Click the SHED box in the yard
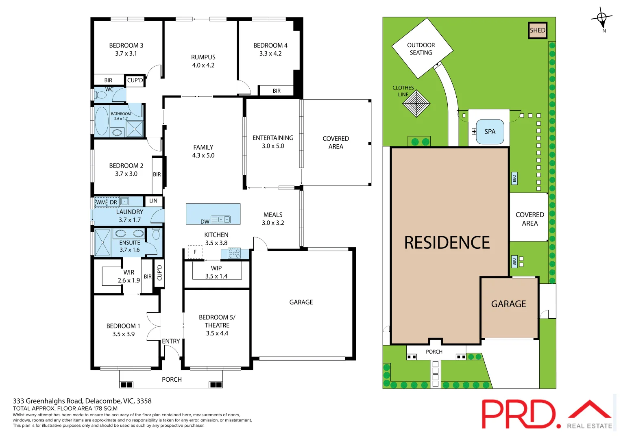(537, 30)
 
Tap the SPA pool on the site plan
(490, 132)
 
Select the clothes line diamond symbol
(416, 103)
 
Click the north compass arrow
(602, 18)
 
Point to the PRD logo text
(518, 414)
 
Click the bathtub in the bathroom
(102, 121)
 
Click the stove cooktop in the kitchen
(234, 254)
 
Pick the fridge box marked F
(195, 252)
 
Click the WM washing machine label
(100, 202)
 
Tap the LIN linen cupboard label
(153, 201)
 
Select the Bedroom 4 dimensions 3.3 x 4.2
(270, 53)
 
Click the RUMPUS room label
(203, 57)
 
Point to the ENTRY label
(171, 341)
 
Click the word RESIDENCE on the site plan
(447, 243)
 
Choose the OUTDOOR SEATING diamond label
(421, 49)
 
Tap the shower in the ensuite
(102, 243)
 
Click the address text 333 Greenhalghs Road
(82, 401)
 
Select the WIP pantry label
(216, 268)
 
